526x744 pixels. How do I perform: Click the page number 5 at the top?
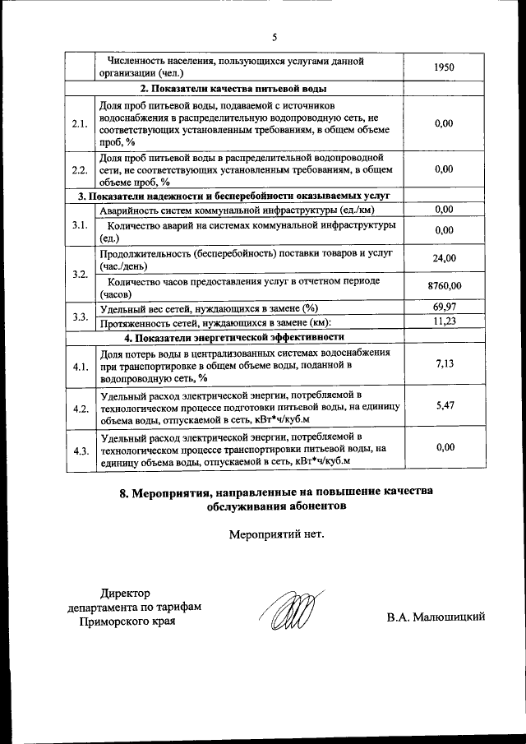click(275, 36)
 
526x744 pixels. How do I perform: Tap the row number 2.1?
click(80, 124)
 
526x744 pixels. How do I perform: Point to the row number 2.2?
click(80, 170)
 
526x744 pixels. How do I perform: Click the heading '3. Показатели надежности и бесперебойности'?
click(233, 196)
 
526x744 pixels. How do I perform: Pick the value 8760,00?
click(445, 286)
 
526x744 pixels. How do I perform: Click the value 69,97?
click(443, 308)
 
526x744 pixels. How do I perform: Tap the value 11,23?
click(443, 322)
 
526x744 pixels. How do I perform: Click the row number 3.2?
click(80, 273)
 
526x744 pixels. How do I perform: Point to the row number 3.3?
click(80, 316)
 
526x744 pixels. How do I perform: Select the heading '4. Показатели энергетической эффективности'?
click(233, 337)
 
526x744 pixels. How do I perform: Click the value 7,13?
click(443, 363)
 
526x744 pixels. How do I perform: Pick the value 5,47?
click(443, 405)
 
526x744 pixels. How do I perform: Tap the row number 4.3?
click(80, 451)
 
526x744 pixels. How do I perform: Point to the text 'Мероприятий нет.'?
click(275, 534)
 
